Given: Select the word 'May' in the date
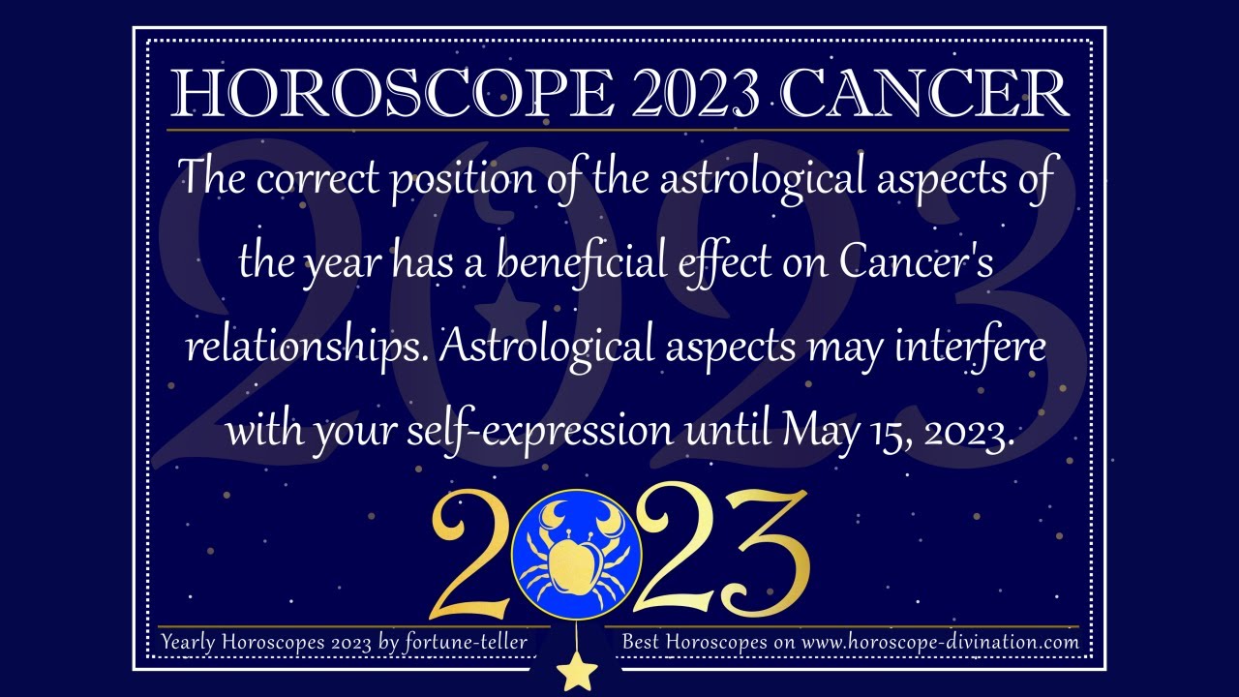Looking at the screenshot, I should point(819,429).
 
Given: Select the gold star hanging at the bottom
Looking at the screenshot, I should point(577,671).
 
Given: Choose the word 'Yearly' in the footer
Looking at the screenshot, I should point(193,642).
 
